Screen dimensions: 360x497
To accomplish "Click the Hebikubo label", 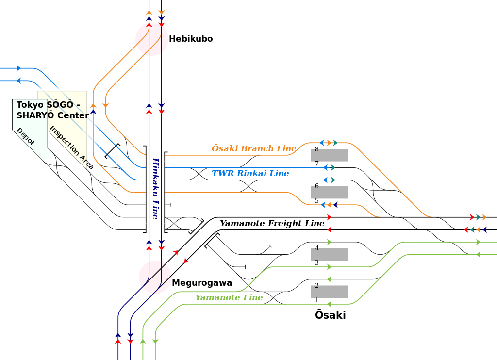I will (x=191, y=39).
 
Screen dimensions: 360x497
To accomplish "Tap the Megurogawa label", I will (x=202, y=283).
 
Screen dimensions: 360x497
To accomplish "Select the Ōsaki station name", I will (x=330, y=315).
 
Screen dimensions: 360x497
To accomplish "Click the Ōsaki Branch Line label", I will (x=254, y=148).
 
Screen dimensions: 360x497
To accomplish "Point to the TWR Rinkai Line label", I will (x=250, y=173).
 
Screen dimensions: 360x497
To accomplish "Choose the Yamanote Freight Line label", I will (x=272, y=224).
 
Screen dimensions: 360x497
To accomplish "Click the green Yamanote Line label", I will (x=229, y=297).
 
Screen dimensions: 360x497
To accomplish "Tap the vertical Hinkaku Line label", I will (x=155, y=188).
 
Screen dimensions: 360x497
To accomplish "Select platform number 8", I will (x=316, y=149).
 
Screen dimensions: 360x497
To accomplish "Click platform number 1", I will (x=316, y=300).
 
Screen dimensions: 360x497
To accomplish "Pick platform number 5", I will (x=316, y=201).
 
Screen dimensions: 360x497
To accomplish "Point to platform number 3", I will (x=316, y=262).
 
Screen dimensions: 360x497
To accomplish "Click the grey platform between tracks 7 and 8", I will (x=329, y=155).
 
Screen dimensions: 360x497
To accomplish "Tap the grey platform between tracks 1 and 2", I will (x=329, y=292).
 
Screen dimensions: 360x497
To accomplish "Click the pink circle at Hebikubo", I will (x=152, y=39).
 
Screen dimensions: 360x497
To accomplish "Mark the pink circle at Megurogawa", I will (x=155, y=277).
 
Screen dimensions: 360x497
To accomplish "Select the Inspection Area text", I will (x=71, y=147).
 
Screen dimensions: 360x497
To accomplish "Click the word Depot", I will (x=25, y=136).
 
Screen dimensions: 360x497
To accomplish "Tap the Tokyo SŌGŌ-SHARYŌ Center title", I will (x=52, y=110).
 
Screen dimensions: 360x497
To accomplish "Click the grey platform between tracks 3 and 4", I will (x=329, y=254).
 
